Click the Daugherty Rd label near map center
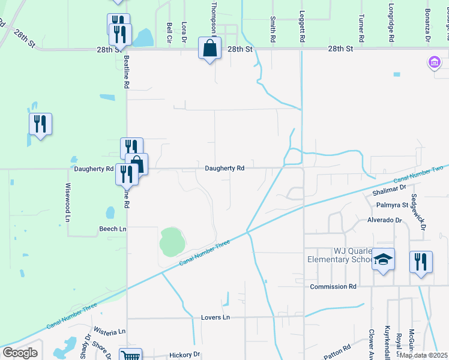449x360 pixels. pyautogui.click(x=224, y=169)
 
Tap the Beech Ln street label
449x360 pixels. pyautogui.click(x=113, y=229)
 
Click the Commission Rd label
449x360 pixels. pyautogui.click(x=333, y=287)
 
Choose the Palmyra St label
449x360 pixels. pyautogui.click(x=392, y=205)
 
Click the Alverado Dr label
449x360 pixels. pyautogui.click(x=384, y=220)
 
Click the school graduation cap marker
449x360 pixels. pyautogui.click(x=384, y=260)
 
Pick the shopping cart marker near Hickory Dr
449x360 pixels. pyautogui.click(x=130, y=355)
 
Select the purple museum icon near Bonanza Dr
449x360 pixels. pyautogui.click(x=433, y=62)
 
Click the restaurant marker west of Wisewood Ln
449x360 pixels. pyautogui.click(x=41, y=124)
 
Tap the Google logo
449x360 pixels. pyautogui.click(x=20, y=352)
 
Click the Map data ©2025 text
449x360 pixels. pyautogui.click(x=423, y=355)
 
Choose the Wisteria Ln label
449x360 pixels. pyautogui.click(x=109, y=331)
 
